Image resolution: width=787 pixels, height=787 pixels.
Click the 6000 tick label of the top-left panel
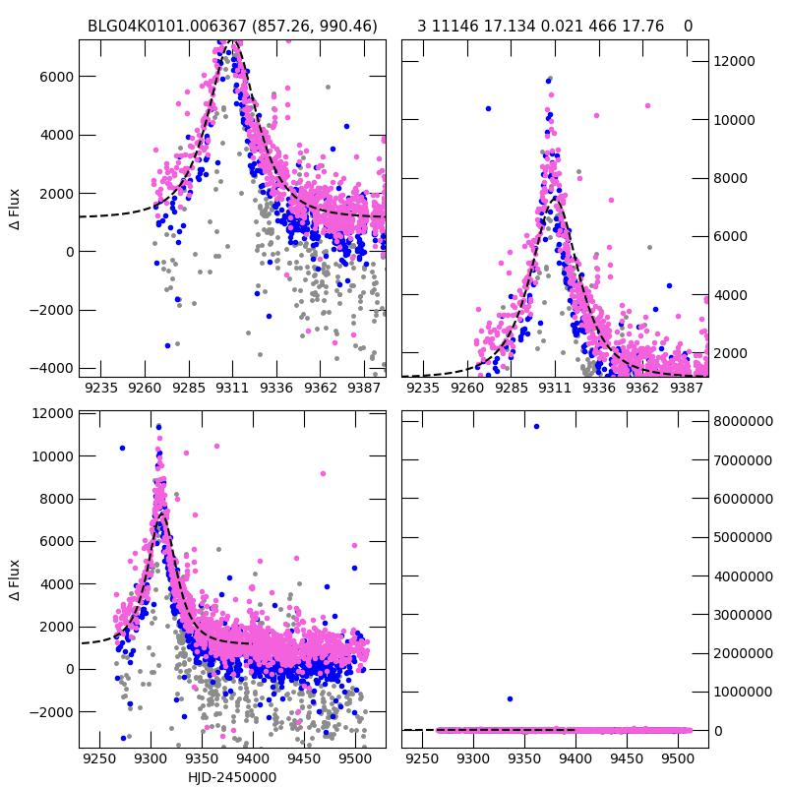pos(56,77)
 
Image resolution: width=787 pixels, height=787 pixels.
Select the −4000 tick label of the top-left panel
pos(51,368)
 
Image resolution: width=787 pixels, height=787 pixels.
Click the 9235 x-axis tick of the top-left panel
pos(101,388)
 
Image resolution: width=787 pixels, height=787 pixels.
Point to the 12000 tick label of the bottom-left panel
pos(51,414)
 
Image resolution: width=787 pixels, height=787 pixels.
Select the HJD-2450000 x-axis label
pos(232,777)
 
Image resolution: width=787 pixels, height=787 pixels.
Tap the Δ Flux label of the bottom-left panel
pos(15,580)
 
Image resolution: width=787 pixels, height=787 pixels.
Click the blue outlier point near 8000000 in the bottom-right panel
pos(536,426)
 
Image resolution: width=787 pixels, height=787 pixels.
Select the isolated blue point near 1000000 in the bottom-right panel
pos(510,698)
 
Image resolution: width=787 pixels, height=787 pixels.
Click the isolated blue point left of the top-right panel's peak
pos(488,108)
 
